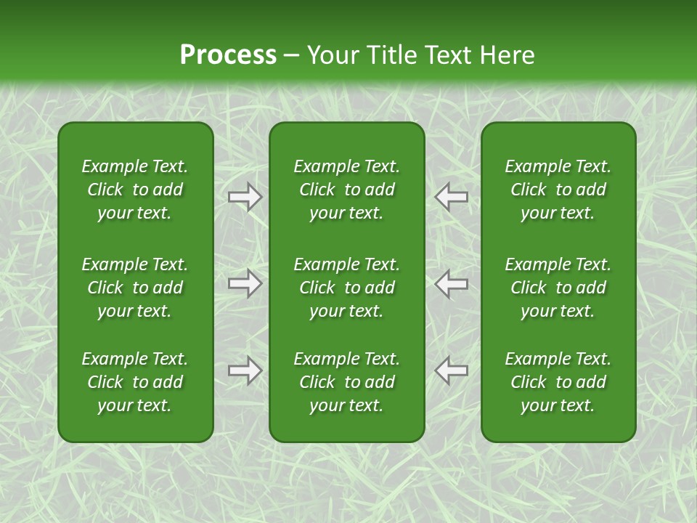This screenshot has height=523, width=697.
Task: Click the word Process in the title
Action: click(228, 55)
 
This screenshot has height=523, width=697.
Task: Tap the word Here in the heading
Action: click(507, 55)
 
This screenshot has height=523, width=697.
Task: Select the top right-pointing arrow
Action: click(245, 196)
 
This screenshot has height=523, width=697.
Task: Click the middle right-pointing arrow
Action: click(245, 283)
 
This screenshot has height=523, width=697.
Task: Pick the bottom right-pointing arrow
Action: click(245, 370)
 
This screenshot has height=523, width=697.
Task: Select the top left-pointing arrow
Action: click(451, 196)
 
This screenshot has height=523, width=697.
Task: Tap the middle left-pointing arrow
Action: click(451, 283)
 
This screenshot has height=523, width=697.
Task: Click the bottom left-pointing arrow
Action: click(451, 370)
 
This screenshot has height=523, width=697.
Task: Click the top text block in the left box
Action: click(135, 190)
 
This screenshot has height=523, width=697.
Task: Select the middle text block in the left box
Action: click(135, 288)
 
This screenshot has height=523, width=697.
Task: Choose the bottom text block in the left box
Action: click(135, 382)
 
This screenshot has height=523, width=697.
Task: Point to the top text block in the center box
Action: click(346, 190)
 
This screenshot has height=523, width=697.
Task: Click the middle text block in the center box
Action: click(346, 288)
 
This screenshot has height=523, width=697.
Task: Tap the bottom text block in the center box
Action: click(346, 382)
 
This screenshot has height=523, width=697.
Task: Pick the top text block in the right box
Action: click(558, 190)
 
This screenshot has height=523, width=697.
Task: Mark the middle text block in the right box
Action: click(558, 288)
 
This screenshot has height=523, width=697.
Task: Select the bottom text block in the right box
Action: click(558, 382)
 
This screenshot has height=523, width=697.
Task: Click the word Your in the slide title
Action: click(333, 55)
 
